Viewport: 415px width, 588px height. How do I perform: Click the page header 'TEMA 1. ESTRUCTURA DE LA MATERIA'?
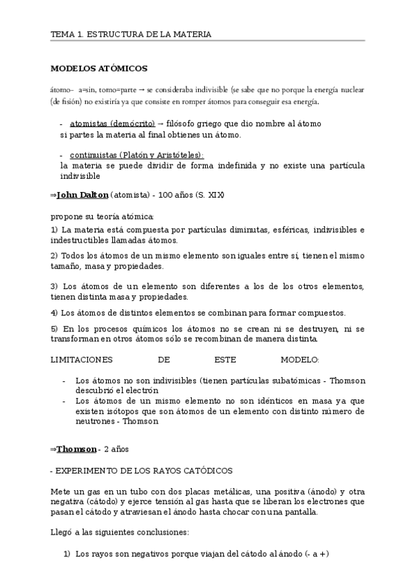pyautogui.click(x=131, y=33)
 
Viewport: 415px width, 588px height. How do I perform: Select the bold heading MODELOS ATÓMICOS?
pyautogui.click(x=100, y=68)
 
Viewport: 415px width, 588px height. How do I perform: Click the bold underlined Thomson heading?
pyautogui.click(x=76, y=449)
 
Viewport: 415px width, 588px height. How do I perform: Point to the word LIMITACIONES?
pyautogui.click(x=82, y=360)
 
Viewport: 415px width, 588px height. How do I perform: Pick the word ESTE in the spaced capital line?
pyautogui.click(x=226, y=360)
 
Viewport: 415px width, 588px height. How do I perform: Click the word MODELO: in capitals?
pyautogui.click(x=300, y=360)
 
